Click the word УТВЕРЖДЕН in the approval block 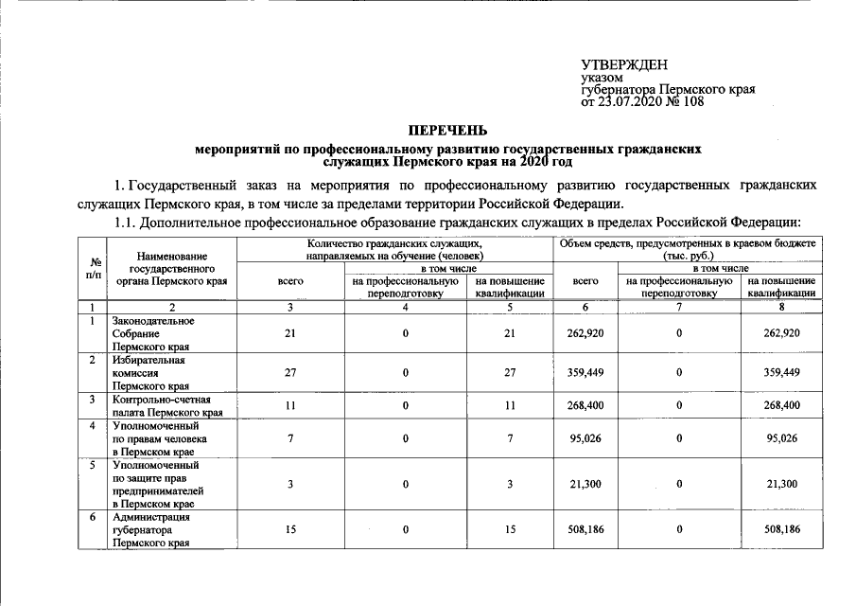tap(623, 64)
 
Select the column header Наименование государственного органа tap(170, 268)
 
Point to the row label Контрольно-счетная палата tap(166, 405)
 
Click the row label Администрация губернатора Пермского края tap(150, 530)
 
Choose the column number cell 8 tap(781, 307)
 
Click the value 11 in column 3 tap(290, 405)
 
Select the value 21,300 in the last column tap(781, 484)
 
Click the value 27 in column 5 tap(510, 373)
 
